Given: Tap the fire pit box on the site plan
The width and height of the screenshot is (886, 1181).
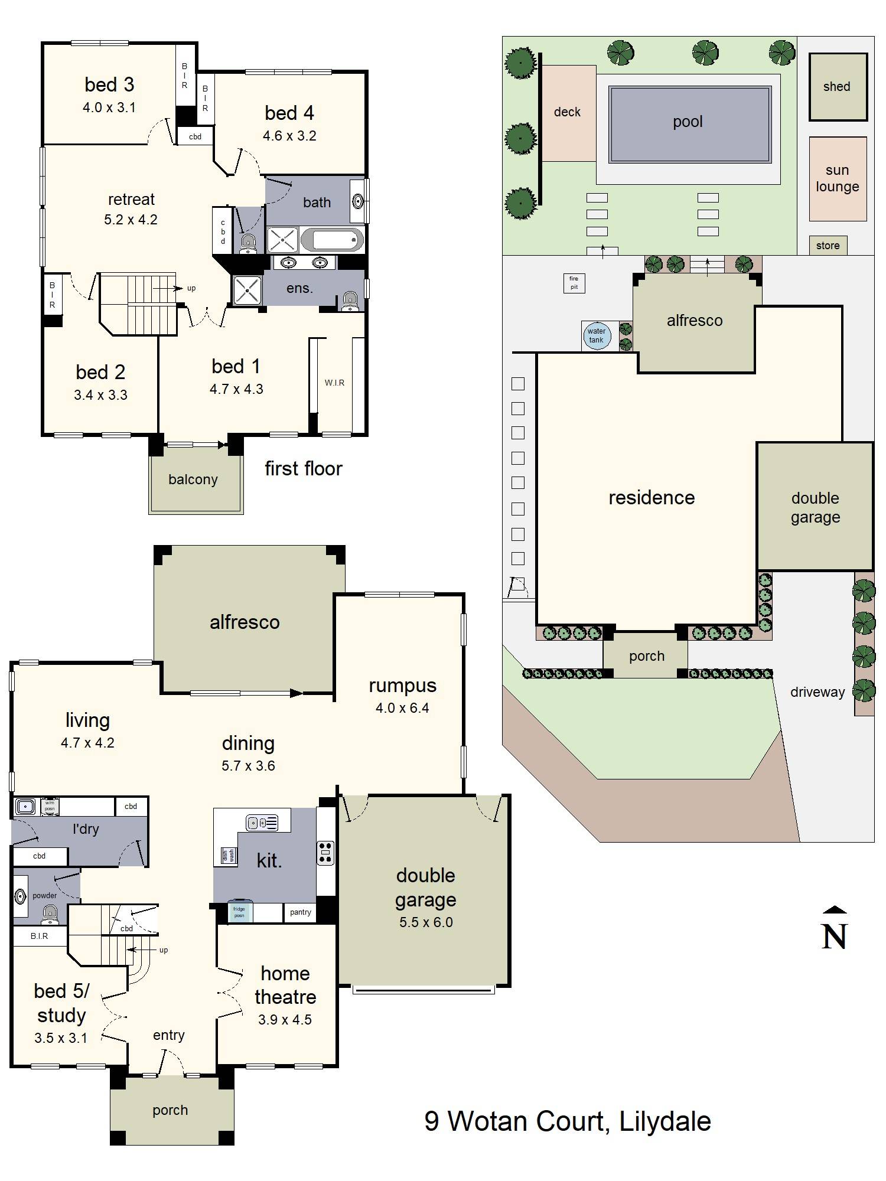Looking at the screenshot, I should point(574,283).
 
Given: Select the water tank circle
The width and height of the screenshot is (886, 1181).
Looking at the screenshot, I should point(596,335).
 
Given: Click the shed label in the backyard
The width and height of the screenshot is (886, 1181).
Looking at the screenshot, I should point(836,86).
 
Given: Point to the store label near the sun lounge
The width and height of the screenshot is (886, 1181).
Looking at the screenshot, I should point(828,246).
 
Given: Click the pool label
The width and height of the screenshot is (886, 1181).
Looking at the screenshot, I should point(688,122).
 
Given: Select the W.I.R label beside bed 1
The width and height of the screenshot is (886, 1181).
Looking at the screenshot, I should point(334,383).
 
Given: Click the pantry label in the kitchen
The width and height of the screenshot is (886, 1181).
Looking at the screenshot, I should point(300,912).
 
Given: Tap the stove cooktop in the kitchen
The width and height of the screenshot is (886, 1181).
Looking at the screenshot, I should point(325,853).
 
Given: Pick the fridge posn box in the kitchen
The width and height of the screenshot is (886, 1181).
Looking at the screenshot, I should point(239,912).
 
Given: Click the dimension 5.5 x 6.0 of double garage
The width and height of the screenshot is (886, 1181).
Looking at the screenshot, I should point(425,922).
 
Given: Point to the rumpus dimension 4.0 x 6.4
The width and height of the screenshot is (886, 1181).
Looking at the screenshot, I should point(402,707).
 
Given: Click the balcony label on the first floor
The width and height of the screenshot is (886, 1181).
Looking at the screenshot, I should point(193,479).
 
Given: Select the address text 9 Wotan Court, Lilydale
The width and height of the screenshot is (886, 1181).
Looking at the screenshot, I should point(567,1121).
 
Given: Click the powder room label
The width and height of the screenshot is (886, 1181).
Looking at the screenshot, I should point(44,895).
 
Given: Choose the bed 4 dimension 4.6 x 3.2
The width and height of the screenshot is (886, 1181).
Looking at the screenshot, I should point(289,136).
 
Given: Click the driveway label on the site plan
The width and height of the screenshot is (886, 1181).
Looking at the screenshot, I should point(817,692).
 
